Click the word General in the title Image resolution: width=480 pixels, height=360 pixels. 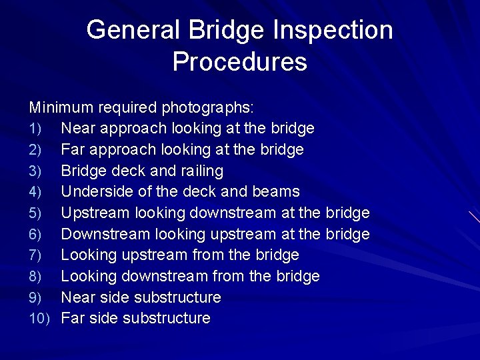[x=127, y=30]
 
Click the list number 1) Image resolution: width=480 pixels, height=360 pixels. [x=35, y=128]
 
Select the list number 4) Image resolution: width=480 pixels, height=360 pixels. [x=35, y=192]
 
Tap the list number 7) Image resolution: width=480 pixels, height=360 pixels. [x=35, y=255]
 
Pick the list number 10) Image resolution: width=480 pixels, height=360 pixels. [x=39, y=319]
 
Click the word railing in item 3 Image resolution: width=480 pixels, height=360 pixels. [x=201, y=171]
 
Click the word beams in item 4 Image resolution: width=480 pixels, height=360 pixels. [x=276, y=192]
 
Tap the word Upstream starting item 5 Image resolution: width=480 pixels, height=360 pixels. [x=95, y=213]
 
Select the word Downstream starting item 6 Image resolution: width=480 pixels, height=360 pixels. [x=105, y=234]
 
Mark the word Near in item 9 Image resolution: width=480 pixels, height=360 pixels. [x=76, y=297]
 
